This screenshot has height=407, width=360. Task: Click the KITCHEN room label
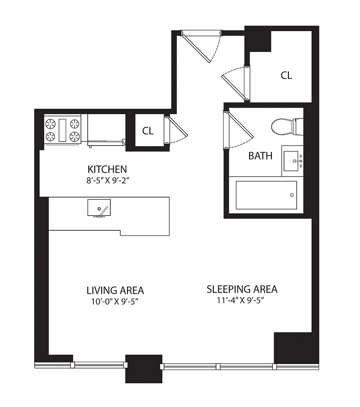click(x=107, y=169)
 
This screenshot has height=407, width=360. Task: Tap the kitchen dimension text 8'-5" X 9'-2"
click(x=108, y=181)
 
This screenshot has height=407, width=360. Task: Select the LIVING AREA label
click(x=115, y=290)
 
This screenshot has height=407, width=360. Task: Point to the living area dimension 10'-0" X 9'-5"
click(x=115, y=301)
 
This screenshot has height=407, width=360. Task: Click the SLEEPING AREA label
click(x=242, y=289)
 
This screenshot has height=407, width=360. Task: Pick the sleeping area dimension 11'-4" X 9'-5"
click(x=240, y=300)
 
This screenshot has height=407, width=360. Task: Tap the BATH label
click(x=260, y=156)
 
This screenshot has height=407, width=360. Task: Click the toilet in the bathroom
click(x=287, y=127)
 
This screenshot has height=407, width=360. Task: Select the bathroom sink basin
click(x=291, y=161)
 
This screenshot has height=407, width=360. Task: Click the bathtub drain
click(x=292, y=195)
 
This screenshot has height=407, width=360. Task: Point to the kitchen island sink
click(x=99, y=208)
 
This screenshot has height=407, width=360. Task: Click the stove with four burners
click(x=62, y=129)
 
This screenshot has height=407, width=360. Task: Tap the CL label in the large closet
click(x=286, y=75)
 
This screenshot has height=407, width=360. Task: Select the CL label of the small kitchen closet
click(x=148, y=131)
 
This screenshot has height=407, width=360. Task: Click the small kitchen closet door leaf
click(x=178, y=127)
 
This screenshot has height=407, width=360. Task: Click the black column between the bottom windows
click(x=144, y=369)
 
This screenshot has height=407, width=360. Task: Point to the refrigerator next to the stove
click(x=106, y=129)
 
